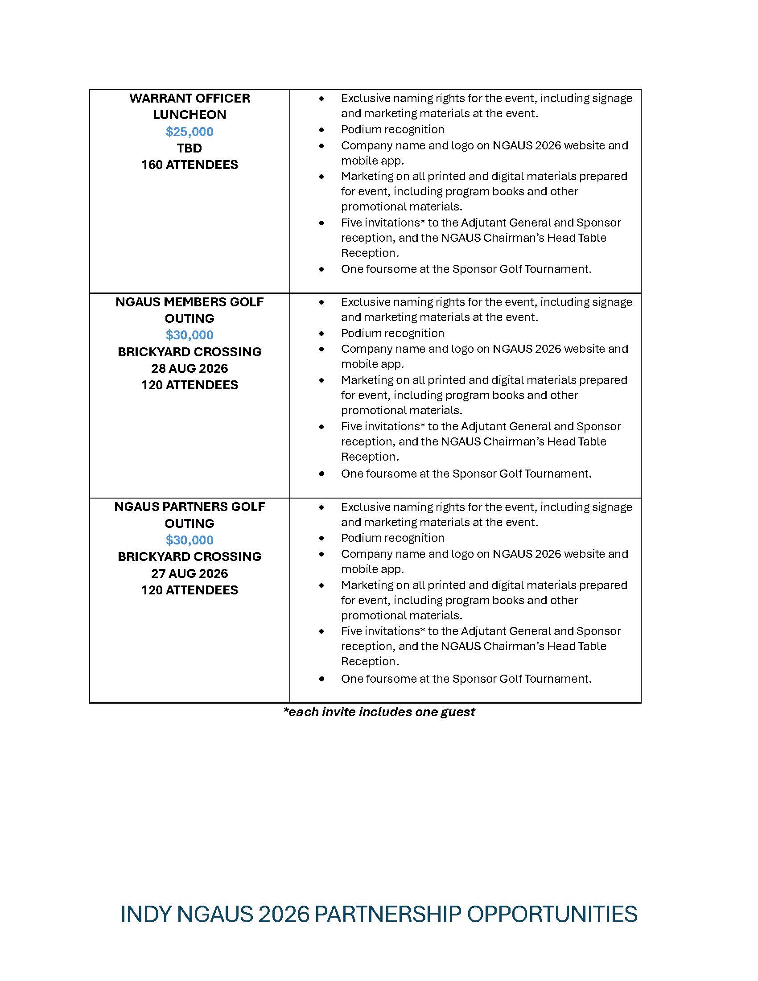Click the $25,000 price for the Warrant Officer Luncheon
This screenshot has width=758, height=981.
click(189, 132)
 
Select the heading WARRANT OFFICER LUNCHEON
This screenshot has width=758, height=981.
click(189, 107)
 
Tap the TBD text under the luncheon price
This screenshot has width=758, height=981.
click(189, 148)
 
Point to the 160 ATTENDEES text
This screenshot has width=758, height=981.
click(189, 165)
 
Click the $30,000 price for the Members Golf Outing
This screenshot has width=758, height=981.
click(189, 335)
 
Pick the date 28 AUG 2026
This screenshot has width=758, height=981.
click(189, 368)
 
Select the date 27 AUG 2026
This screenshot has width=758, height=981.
click(189, 573)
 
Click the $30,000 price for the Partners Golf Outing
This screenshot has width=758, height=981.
click(189, 540)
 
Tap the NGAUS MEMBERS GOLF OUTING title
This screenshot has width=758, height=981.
click(189, 310)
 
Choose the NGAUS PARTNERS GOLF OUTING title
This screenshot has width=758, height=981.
click(189, 515)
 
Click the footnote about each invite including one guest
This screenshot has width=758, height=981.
click(379, 712)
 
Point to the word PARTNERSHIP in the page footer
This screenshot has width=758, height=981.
click(388, 914)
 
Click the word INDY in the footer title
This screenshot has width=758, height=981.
click(145, 914)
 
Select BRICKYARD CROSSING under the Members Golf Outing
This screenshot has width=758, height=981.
click(189, 352)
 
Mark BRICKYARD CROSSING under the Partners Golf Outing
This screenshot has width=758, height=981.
click(189, 556)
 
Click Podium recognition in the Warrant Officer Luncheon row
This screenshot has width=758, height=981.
click(392, 129)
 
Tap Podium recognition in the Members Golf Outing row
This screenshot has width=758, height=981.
click(392, 333)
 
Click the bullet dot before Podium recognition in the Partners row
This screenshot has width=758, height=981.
click(321, 538)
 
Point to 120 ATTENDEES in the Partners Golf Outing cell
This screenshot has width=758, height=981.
click(189, 590)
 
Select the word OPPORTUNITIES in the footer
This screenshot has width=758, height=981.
click(552, 914)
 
